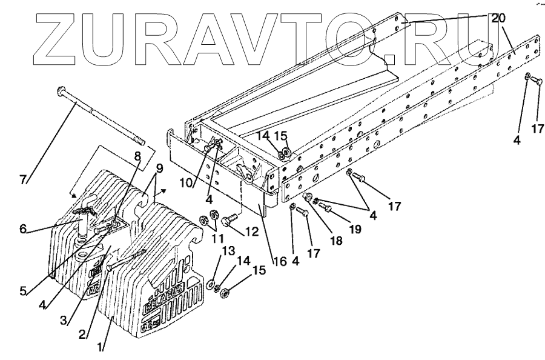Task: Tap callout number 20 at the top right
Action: (x=498, y=18)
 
